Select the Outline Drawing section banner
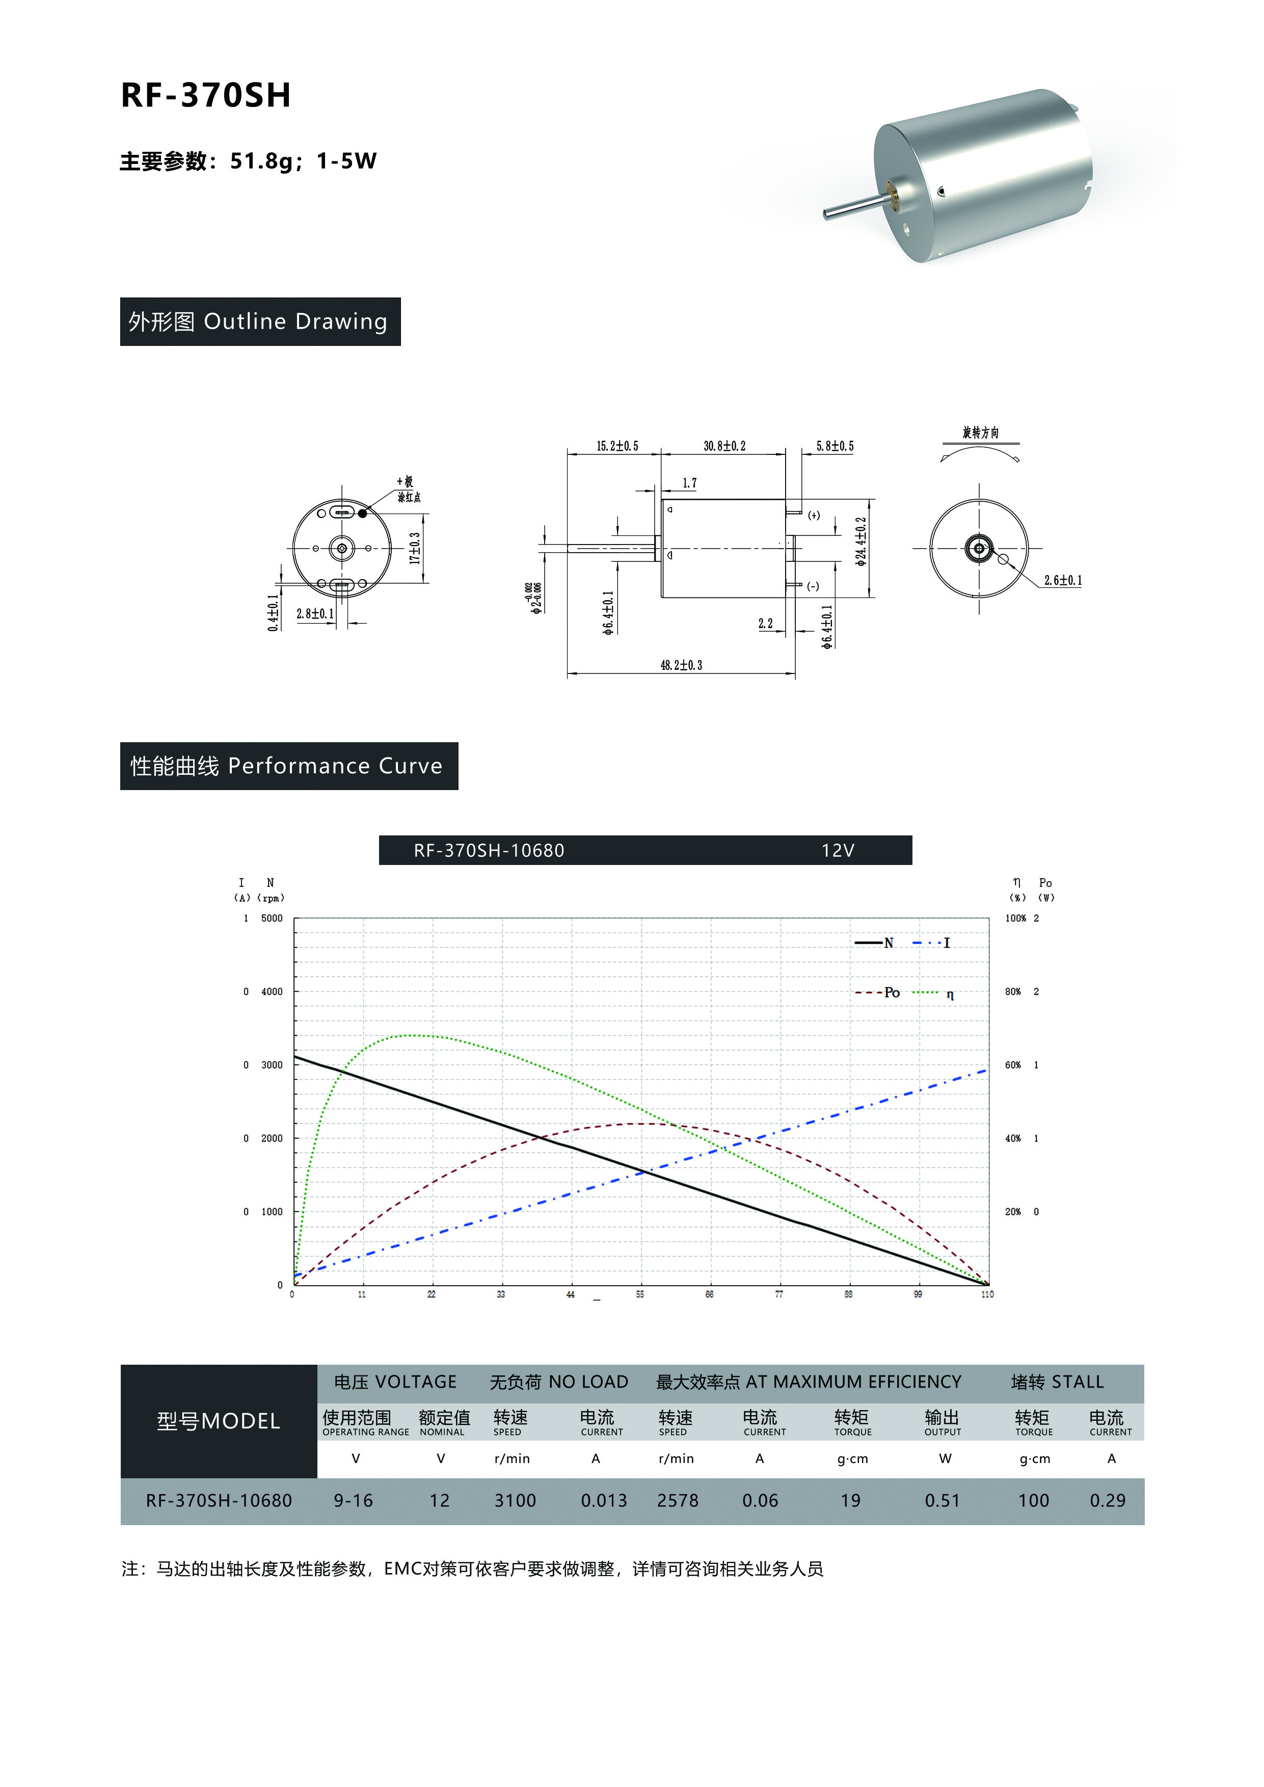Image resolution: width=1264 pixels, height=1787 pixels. pyautogui.click(x=260, y=321)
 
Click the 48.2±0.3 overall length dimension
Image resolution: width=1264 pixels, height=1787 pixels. pyautogui.click(x=681, y=665)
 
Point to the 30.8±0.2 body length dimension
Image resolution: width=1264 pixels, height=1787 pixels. pyautogui.click(x=724, y=446)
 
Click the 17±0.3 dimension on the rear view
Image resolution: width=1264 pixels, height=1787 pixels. pyautogui.click(x=416, y=548)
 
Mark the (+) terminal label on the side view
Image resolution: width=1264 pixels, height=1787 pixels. pyautogui.click(x=813, y=515)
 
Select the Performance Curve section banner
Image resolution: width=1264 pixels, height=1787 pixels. pyautogui.click(x=289, y=766)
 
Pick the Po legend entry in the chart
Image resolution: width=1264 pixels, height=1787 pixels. pyautogui.click(x=878, y=992)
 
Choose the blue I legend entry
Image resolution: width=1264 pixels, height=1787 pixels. pyautogui.click(x=931, y=942)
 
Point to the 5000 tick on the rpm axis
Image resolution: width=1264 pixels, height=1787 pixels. pyautogui.click(x=272, y=918)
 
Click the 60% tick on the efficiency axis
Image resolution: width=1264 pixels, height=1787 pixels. pyautogui.click(x=1013, y=1065)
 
